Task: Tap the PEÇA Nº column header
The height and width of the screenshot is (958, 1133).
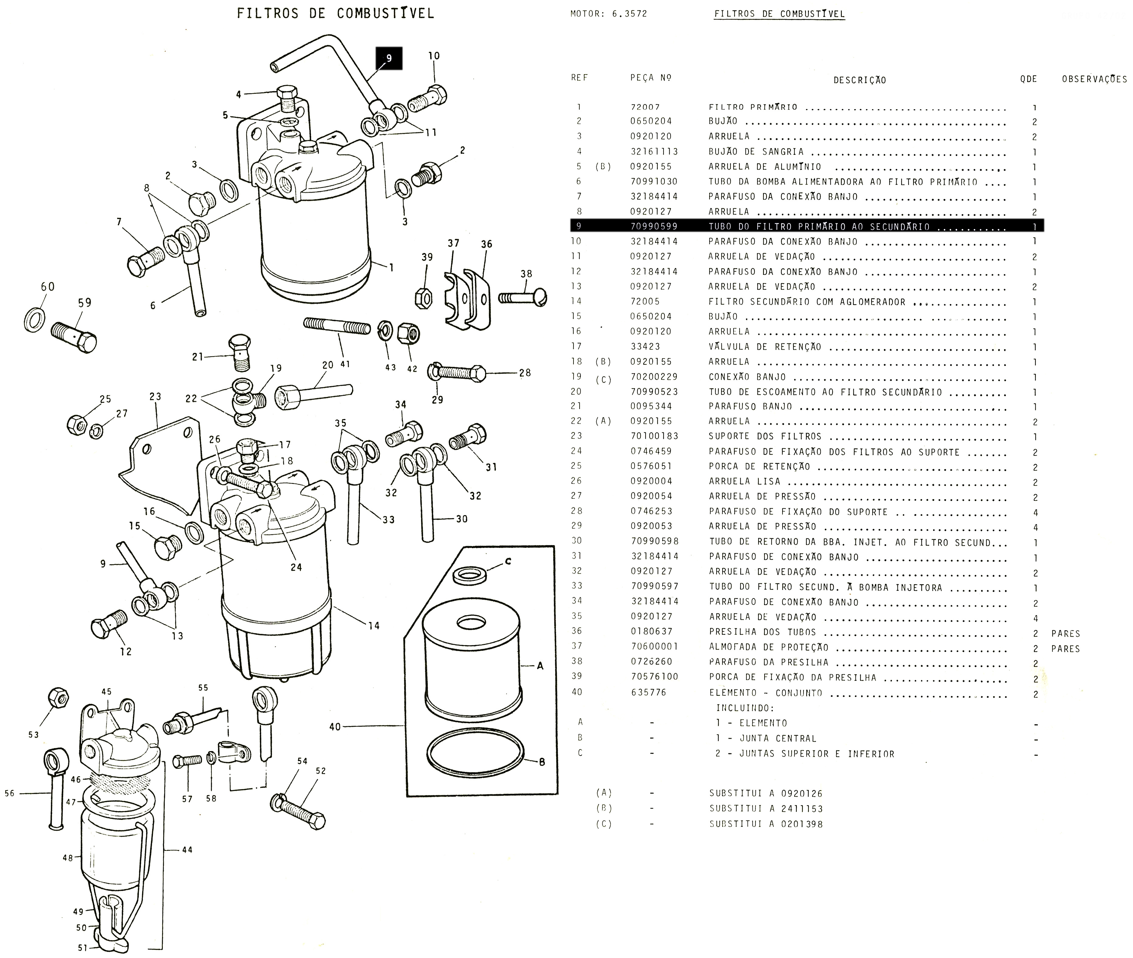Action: [651, 78]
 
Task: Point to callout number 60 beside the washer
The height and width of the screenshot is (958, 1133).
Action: [48, 286]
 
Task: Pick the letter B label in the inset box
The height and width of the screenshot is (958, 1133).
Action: [542, 762]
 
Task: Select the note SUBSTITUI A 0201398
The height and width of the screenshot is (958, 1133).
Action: [766, 824]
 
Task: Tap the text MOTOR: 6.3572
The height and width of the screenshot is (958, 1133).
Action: [608, 14]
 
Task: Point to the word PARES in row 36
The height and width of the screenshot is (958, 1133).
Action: [1065, 634]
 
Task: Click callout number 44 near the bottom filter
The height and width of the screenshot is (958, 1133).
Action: [187, 850]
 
